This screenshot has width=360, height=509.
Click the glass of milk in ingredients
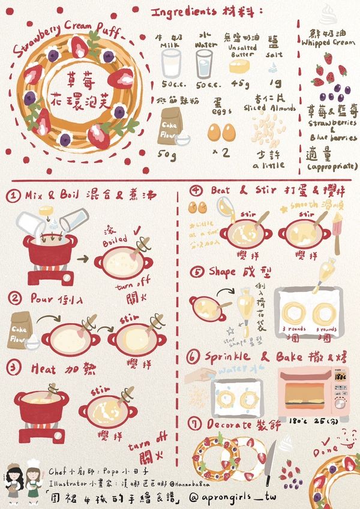[171, 62]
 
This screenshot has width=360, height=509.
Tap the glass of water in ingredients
[204, 62]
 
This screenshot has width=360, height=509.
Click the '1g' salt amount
[274, 83]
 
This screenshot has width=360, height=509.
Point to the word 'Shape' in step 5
[223, 271]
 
